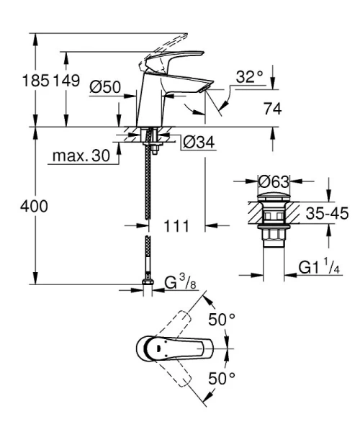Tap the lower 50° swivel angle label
click(222, 378)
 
